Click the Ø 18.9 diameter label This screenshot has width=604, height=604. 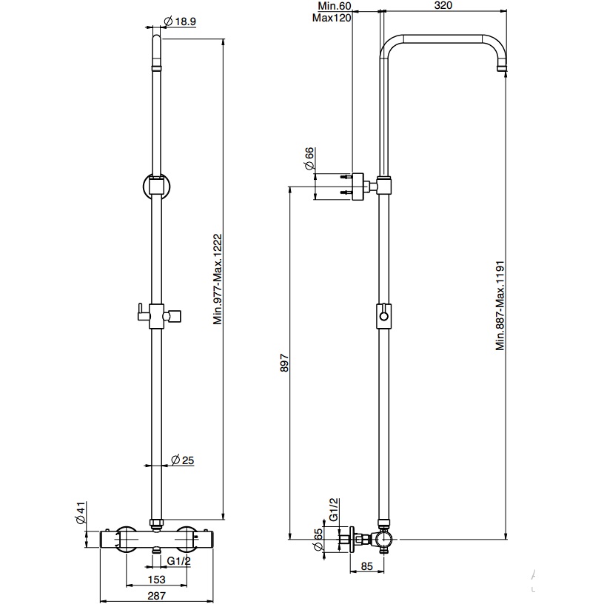pyautogui.click(x=180, y=21)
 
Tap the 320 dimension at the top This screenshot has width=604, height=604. pyautogui.click(x=443, y=5)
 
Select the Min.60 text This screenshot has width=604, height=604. pyautogui.click(x=335, y=6)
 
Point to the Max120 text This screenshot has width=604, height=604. pyautogui.click(x=332, y=18)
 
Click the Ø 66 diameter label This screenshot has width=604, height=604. pyautogui.click(x=309, y=158)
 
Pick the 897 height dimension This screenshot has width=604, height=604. pyautogui.click(x=284, y=363)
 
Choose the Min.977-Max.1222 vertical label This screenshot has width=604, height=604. pyautogui.click(x=218, y=279)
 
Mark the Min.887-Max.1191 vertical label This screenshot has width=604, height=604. pyautogui.click(x=500, y=306)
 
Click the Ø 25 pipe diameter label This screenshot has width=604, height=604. pyautogui.click(x=183, y=460)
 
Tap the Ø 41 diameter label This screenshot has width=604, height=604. pyautogui.click(x=81, y=513)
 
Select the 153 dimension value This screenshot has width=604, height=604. pyautogui.click(x=156, y=579)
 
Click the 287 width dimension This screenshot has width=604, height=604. pyautogui.click(x=156, y=596)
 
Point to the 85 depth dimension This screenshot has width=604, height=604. pyautogui.click(x=367, y=566)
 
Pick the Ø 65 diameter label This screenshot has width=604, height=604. pyautogui.click(x=318, y=540)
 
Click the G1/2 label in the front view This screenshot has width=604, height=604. pyautogui.click(x=178, y=561)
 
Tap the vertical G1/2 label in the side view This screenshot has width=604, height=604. pyautogui.click(x=334, y=509)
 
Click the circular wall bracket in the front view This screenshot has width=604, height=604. pyautogui.click(x=156, y=186)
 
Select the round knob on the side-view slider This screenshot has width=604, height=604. pyautogui.click(x=383, y=316)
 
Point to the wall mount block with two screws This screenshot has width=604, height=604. pyautogui.click(x=358, y=187)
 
